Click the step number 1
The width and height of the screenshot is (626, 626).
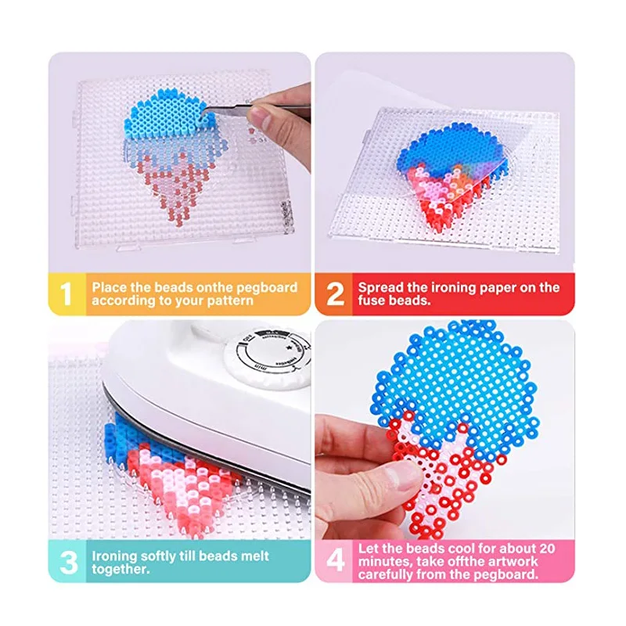click(67, 293)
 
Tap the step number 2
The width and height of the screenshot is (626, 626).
click(334, 293)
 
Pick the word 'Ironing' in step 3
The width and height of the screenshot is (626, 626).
click(116, 556)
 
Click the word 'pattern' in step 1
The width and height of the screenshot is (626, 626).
click(228, 300)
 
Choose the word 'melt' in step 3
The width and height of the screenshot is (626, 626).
click(254, 556)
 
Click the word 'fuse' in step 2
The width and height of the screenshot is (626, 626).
click(372, 300)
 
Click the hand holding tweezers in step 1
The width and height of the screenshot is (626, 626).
click(278, 125)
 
